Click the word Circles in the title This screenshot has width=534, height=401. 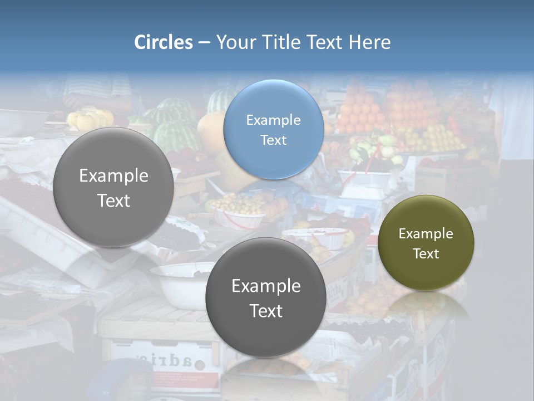[x=163, y=42]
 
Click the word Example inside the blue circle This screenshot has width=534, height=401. [x=273, y=120]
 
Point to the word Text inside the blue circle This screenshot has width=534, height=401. [x=273, y=140]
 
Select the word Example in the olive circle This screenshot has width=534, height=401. [x=426, y=234]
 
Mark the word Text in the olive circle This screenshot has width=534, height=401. [x=426, y=254]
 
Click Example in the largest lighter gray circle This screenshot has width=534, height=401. [x=113, y=176]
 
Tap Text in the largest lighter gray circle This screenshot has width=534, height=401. [x=113, y=200]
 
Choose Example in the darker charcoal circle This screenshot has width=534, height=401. [x=266, y=286]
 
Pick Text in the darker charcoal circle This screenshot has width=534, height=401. [x=266, y=311]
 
